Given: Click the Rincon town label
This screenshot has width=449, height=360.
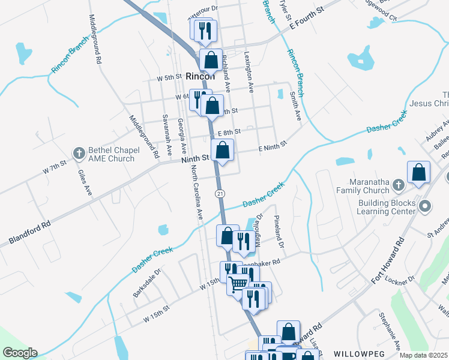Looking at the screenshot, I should click(x=200, y=77).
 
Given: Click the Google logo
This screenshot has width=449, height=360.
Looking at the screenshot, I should click(x=19, y=353).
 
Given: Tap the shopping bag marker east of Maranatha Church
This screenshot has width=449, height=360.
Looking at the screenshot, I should click(x=418, y=173).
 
